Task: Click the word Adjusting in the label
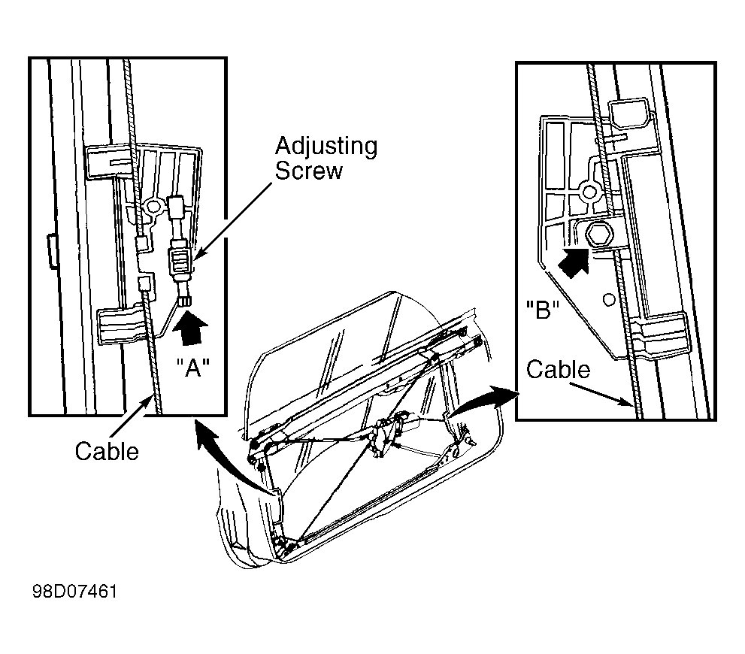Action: (x=326, y=147)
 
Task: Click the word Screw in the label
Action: (x=308, y=171)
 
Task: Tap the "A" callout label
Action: (x=193, y=367)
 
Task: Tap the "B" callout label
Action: (x=543, y=310)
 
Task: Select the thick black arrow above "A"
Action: (x=191, y=327)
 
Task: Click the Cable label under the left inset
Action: (x=107, y=451)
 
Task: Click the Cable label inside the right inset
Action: (x=558, y=370)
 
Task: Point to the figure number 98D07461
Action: (x=74, y=592)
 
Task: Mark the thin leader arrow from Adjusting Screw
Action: (x=232, y=221)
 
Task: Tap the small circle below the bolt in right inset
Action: (x=609, y=299)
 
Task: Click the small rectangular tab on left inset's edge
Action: (x=53, y=251)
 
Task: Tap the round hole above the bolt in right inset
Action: (x=589, y=192)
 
